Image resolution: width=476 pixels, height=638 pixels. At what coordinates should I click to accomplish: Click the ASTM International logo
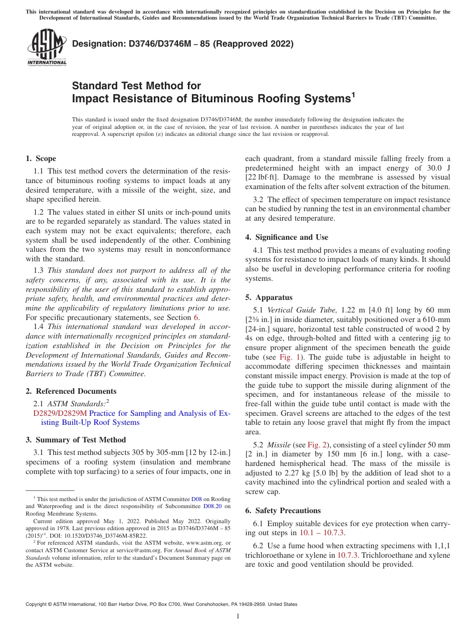tap(46, 48)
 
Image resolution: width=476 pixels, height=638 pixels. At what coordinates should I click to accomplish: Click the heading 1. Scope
tap(41, 158)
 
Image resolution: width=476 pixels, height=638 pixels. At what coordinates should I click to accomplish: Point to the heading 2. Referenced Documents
tap(71, 391)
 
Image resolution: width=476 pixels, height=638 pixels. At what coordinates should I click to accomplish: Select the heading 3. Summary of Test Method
tap(76, 440)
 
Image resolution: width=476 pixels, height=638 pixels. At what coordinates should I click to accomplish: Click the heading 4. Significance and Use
tap(287, 237)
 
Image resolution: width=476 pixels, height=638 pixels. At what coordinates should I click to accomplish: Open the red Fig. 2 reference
tap(317, 445)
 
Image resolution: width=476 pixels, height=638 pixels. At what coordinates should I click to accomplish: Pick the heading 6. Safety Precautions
tap(283, 511)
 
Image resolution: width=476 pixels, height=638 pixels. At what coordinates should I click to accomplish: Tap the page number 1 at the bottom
tap(238, 616)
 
